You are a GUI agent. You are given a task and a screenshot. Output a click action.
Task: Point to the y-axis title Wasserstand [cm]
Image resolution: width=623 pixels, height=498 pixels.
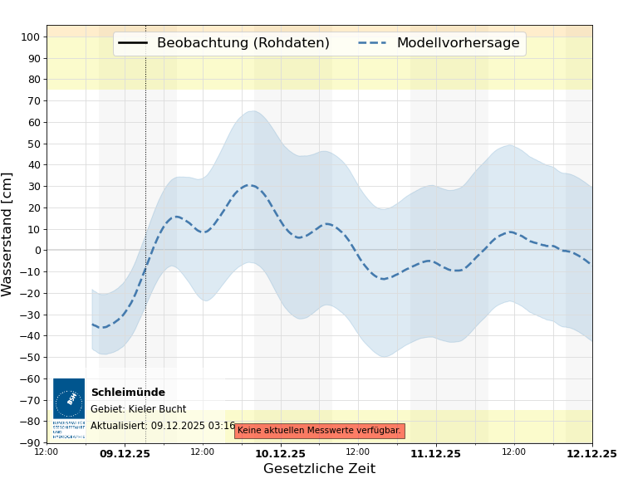pyautogui.click(x=8, y=234)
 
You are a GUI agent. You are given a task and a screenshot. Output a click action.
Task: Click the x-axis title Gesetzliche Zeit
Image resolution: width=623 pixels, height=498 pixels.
pyautogui.click(x=319, y=469)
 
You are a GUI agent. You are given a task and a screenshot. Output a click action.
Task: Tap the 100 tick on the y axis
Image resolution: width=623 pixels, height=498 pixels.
pyautogui.click(x=31, y=37)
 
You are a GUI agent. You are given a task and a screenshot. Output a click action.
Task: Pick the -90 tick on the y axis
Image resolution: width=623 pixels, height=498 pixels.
pyautogui.click(x=31, y=442)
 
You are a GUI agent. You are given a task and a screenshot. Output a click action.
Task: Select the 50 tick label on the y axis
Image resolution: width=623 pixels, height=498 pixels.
pyautogui.click(x=34, y=144)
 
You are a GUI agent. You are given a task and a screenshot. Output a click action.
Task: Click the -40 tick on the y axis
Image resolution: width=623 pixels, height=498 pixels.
pyautogui.click(x=31, y=336)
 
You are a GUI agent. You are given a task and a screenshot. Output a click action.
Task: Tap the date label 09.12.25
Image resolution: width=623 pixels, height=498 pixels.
pyautogui.click(x=125, y=454)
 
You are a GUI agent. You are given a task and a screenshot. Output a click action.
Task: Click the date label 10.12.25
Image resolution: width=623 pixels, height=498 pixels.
pyautogui.click(x=280, y=454)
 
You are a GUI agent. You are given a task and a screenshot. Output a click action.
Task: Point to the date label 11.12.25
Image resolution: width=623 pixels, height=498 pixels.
pyautogui.click(x=435, y=454)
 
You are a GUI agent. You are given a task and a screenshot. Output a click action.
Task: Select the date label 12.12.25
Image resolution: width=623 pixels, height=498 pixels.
pyautogui.click(x=591, y=454)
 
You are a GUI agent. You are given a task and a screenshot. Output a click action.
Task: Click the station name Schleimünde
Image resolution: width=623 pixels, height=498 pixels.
pyautogui.click(x=128, y=393)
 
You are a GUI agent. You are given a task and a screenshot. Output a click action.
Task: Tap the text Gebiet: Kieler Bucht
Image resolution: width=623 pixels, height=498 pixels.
pyautogui.click(x=138, y=409)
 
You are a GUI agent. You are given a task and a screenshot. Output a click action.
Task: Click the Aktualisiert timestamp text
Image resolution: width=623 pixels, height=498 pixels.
pyautogui.click(x=163, y=426)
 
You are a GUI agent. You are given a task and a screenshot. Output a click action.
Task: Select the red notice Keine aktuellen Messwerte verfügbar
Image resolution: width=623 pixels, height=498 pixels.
pyautogui.click(x=319, y=431)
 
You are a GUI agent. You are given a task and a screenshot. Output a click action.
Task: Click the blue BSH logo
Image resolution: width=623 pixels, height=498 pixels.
pyautogui.click(x=69, y=398)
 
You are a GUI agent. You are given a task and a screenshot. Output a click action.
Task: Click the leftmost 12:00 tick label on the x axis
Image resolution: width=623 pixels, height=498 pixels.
pyautogui.click(x=47, y=452)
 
